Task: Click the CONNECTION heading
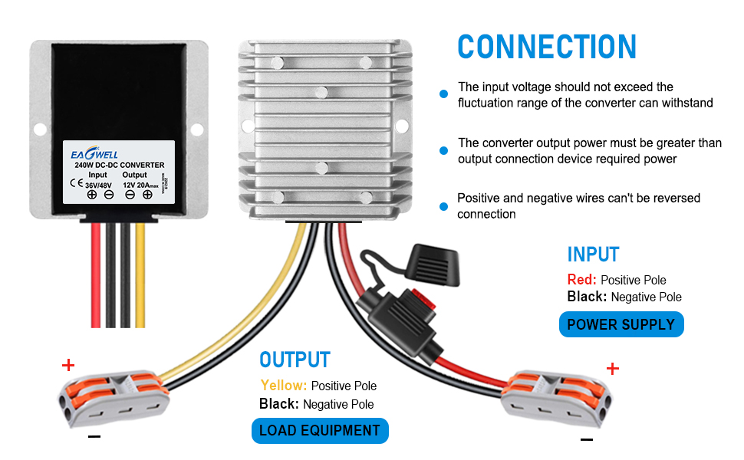[x=547, y=47]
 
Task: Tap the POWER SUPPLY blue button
[x=621, y=324]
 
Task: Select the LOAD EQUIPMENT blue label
[x=320, y=431]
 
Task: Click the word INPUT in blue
[x=593, y=255]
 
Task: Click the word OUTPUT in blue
[x=295, y=360]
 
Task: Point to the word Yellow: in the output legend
[x=284, y=386]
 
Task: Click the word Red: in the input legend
[x=582, y=280]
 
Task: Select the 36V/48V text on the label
[x=98, y=184]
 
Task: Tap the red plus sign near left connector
[x=69, y=365]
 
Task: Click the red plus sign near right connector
[x=612, y=370]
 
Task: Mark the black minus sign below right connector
[x=587, y=439]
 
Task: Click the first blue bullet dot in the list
[x=443, y=94]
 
